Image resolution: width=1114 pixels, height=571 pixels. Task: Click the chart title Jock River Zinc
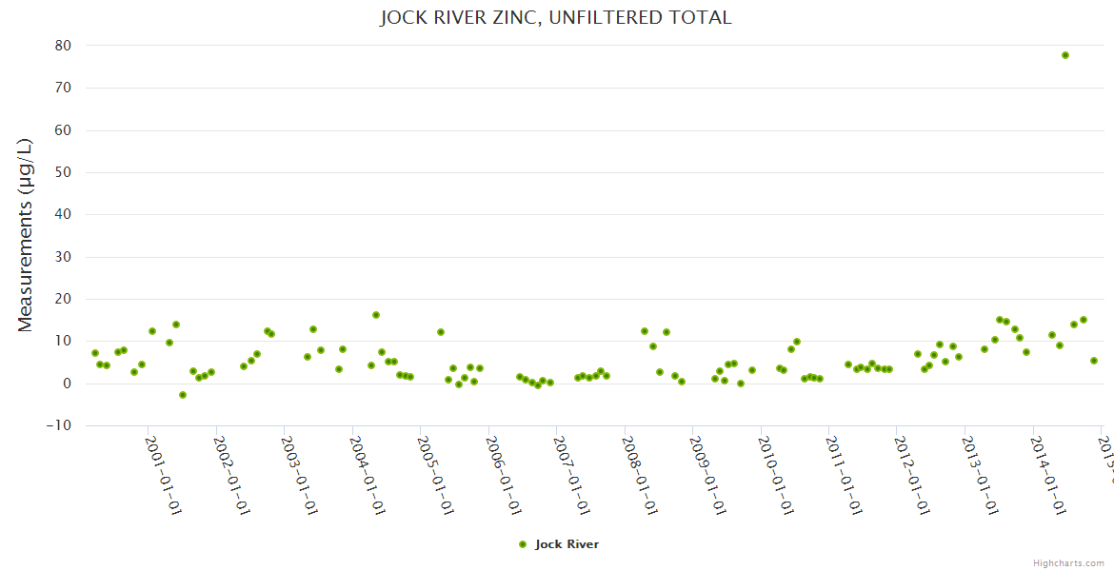(x=556, y=17)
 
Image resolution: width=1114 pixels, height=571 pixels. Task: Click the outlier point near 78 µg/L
(x=1065, y=55)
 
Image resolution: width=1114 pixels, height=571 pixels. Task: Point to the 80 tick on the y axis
(x=64, y=46)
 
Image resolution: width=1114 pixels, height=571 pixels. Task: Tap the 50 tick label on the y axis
(x=64, y=172)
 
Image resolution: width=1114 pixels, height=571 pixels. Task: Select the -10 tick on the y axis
(x=59, y=425)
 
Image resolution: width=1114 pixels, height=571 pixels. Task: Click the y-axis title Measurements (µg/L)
(x=26, y=235)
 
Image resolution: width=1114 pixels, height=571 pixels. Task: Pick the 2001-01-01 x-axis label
(x=163, y=476)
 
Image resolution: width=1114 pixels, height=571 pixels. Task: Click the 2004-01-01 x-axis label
(x=367, y=476)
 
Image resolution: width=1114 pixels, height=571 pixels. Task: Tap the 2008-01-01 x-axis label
(x=639, y=476)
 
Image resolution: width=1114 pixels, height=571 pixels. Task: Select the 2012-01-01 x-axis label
(x=911, y=476)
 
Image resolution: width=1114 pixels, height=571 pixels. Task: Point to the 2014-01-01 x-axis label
(x=1047, y=476)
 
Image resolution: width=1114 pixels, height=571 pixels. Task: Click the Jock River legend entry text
(x=567, y=544)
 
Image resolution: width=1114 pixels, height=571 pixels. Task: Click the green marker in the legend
(x=522, y=544)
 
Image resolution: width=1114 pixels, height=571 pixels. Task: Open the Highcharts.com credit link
(x=1067, y=563)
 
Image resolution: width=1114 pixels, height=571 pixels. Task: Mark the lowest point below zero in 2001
(x=183, y=395)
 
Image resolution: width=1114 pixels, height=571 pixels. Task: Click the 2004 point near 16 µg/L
(x=376, y=315)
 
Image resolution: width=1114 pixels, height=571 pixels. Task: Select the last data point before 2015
(x=1094, y=361)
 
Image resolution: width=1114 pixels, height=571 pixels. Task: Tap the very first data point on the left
(x=95, y=353)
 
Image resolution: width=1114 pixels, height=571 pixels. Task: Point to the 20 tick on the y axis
(x=64, y=299)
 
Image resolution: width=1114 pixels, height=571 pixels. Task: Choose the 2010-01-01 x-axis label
(x=775, y=476)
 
